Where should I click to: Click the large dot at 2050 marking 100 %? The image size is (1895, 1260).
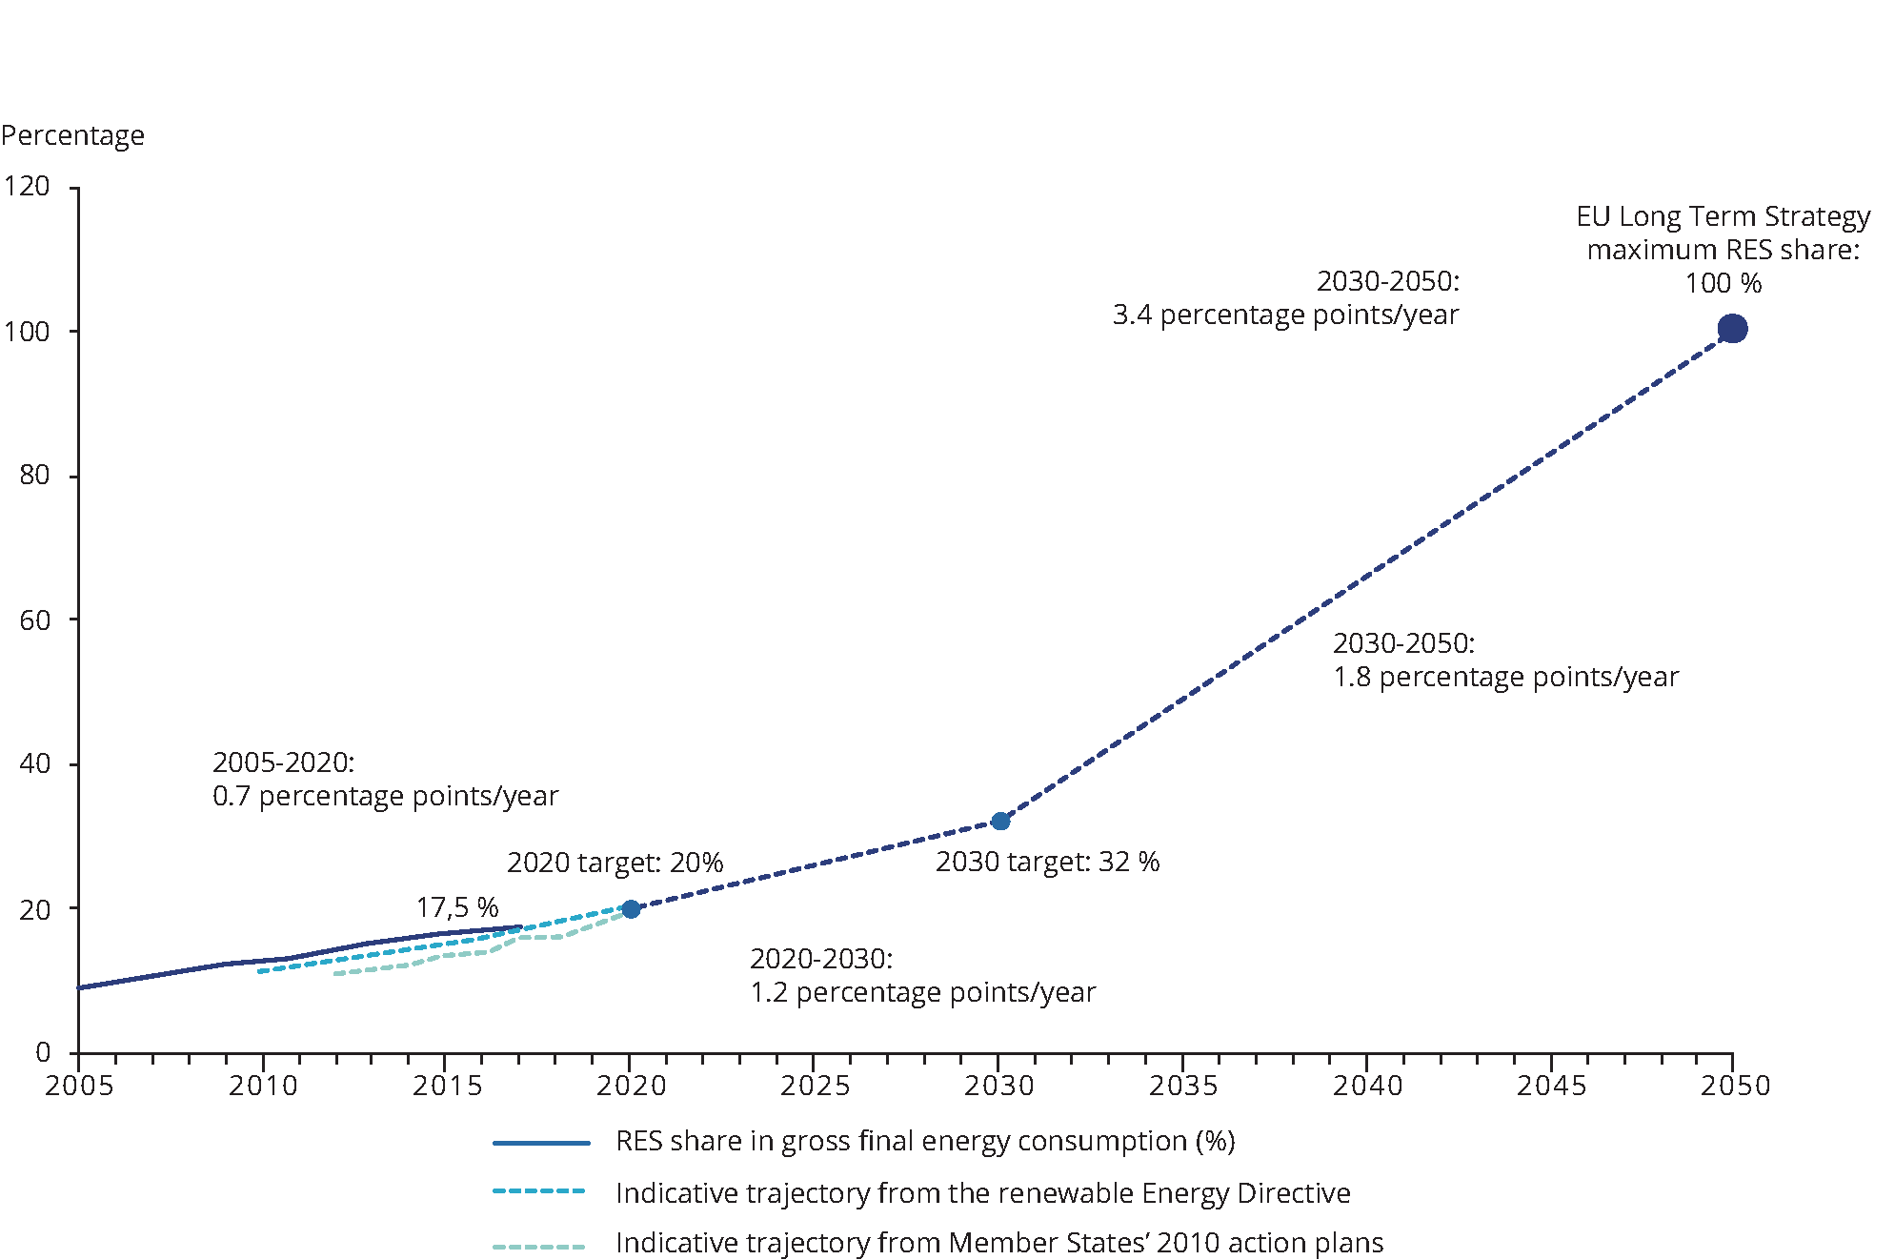[x=1731, y=329]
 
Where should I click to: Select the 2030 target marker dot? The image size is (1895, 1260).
[x=999, y=822]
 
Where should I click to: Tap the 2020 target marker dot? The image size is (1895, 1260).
[x=631, y=909]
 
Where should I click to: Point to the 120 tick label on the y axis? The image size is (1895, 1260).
[x=27, y=186]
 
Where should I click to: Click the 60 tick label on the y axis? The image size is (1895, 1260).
[x=35, y=620]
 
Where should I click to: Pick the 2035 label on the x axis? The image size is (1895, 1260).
[x=1182, y=1086]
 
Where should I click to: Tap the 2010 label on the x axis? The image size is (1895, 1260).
[x=263, y=1086]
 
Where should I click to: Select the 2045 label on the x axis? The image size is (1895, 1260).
[x=1551, y=1086]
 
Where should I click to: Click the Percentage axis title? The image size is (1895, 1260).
[x=72, y=135]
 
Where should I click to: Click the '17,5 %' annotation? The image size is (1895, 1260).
[x=457, y=907]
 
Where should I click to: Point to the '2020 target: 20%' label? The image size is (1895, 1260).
[x=615, y=863]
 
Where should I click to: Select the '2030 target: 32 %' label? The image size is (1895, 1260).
[x=1047, y=862]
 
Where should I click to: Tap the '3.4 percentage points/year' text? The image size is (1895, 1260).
[x=1285, y=315]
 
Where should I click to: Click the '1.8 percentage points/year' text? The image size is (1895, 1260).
[x=1505, y=677]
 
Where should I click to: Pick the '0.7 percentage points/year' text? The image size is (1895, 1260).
[x=385, y=796]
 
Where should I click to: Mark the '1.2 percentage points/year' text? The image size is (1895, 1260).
[x=922, y=992]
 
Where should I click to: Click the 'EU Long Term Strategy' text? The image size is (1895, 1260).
[x=1723, y=216]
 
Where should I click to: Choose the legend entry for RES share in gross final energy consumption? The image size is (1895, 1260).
[x=924, y=1141]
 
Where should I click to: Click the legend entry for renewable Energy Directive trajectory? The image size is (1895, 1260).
[x=982, y=1192]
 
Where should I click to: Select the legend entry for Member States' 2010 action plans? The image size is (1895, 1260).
[x=998, y=1243]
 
